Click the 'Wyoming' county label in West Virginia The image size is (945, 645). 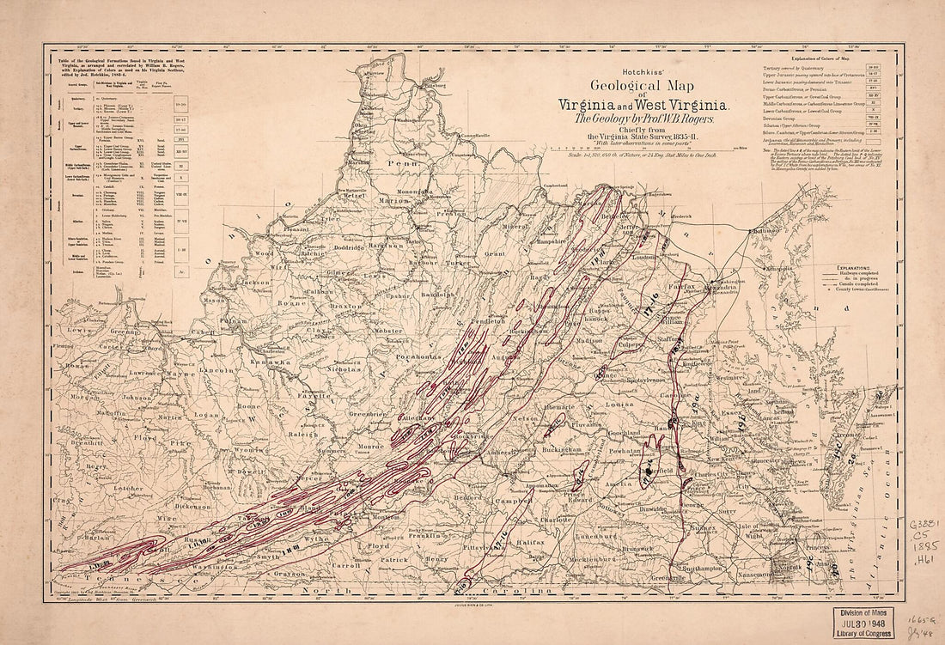[250, 449]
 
